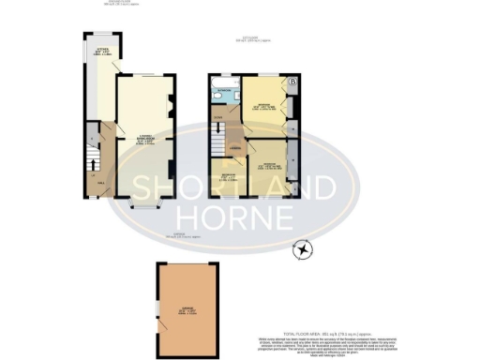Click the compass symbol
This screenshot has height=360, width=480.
[x=304, y=249]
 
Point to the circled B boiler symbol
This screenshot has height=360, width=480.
[x=294, y=82]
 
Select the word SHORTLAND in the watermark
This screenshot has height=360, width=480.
[x=231, y=185]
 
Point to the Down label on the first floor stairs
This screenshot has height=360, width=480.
[x=217, y=116]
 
